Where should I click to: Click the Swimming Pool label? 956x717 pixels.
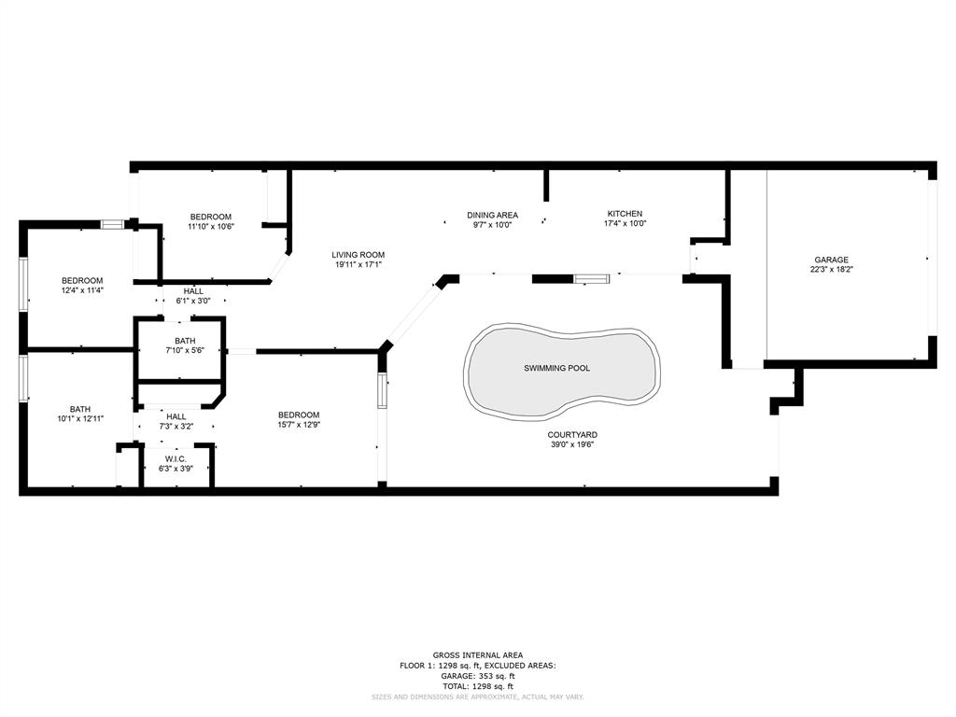pyautogui.click(x=556, y=368)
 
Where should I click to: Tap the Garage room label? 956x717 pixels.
pyautogui.click(x=831, y=260)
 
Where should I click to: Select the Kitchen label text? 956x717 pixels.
pyautogui.click(x=625, y=214)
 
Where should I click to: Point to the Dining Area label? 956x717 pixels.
pyautogui.click(x=492, y=216)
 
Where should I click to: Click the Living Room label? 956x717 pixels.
pyautogui.click(x=358, y=255)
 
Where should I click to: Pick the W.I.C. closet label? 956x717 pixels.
pyautogui.click(x=176, y=459)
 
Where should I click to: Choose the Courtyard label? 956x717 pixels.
pyautogui.click(x=572, y=435)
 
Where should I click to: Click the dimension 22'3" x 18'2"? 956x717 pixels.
pyautogui.click(x=831, y=270)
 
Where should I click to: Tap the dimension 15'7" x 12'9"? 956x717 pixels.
pyautogui.click(x=299, y=425)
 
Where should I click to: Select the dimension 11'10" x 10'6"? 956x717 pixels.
pyautogui.click(x=210, y=227)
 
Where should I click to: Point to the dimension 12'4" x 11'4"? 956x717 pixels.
pyautogui.click(x=82, y=291)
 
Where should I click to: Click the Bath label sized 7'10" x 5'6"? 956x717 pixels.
pyautogui.click(x=185, y=342)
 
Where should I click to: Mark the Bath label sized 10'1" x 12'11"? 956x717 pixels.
pyautogui.click(x=80, y=410)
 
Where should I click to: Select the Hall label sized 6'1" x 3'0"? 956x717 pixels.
pyautogui.click(x=193, y=291)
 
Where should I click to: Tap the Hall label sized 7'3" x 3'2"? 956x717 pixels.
pyautogui.click(x=176, y=417)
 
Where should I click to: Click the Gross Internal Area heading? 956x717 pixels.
pyautogui.click(x=477, y=655)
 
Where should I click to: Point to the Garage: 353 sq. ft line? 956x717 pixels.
pyautogui.click(x=477, y=676)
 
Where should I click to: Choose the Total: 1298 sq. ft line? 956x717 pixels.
pyautogui.click(x=477, y=686)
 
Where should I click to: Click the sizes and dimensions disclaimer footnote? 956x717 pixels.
pyautogui.click(x=477, y=696)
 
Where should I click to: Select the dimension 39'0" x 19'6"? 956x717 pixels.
pyautogui.click(x=572, y=444)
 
